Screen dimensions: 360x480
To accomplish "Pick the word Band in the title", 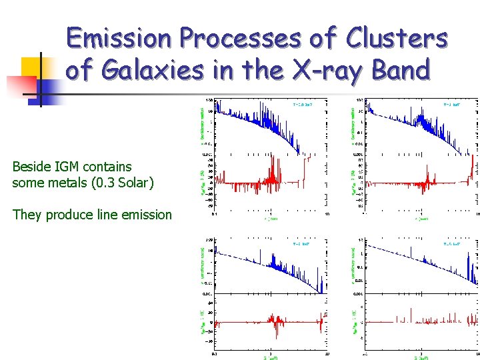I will pos(397,69).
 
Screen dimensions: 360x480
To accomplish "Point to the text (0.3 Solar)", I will pos(125,183).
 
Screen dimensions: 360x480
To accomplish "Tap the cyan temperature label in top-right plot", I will pos(453,105).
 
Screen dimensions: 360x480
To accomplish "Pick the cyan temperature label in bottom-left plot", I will pos(302,244).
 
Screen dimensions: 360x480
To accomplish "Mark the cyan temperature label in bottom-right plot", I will pos(453,244).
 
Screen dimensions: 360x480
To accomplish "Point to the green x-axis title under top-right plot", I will pos(421,218).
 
